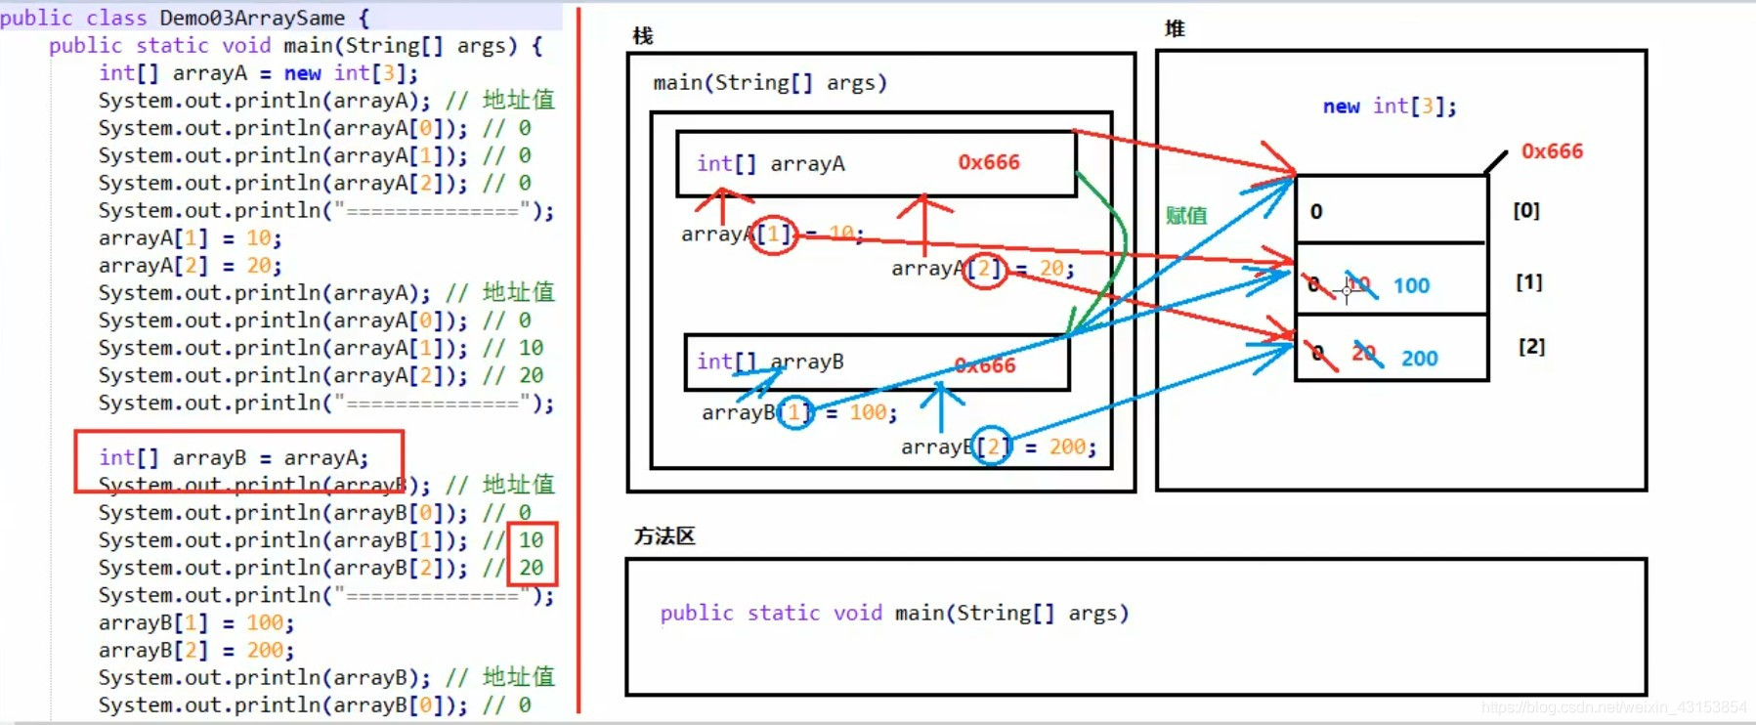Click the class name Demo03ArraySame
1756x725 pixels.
tap(251, 18)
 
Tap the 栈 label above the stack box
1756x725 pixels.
tap(642, 36)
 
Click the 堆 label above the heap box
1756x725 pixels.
tap(1175, 29)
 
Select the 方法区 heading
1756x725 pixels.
tap(664, 536)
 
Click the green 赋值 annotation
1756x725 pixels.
tap(1186, 216)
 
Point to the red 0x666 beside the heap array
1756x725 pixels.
tap(1552, 151)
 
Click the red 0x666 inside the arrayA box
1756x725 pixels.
tap(988, 162)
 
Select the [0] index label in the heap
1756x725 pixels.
tap(1525, 211)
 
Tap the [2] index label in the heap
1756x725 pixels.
tap(1531, 347)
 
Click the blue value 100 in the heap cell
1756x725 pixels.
tap(1411, 286)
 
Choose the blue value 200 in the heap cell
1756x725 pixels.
tap(1419, 359)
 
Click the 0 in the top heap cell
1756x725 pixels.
tap(1316, 212)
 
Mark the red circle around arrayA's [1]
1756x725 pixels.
tap(774, 235)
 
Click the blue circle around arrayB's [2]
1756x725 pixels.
tap(992, 447)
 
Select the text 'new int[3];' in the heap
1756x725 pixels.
tap(1389, 107)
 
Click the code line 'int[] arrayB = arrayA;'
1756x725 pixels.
tap(234, 457)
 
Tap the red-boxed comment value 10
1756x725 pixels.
tap(531, 540)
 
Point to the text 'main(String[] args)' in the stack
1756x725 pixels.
tap(770, 83)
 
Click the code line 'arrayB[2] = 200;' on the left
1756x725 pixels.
tap(195, 651)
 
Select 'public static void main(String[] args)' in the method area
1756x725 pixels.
tap(894, 614)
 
